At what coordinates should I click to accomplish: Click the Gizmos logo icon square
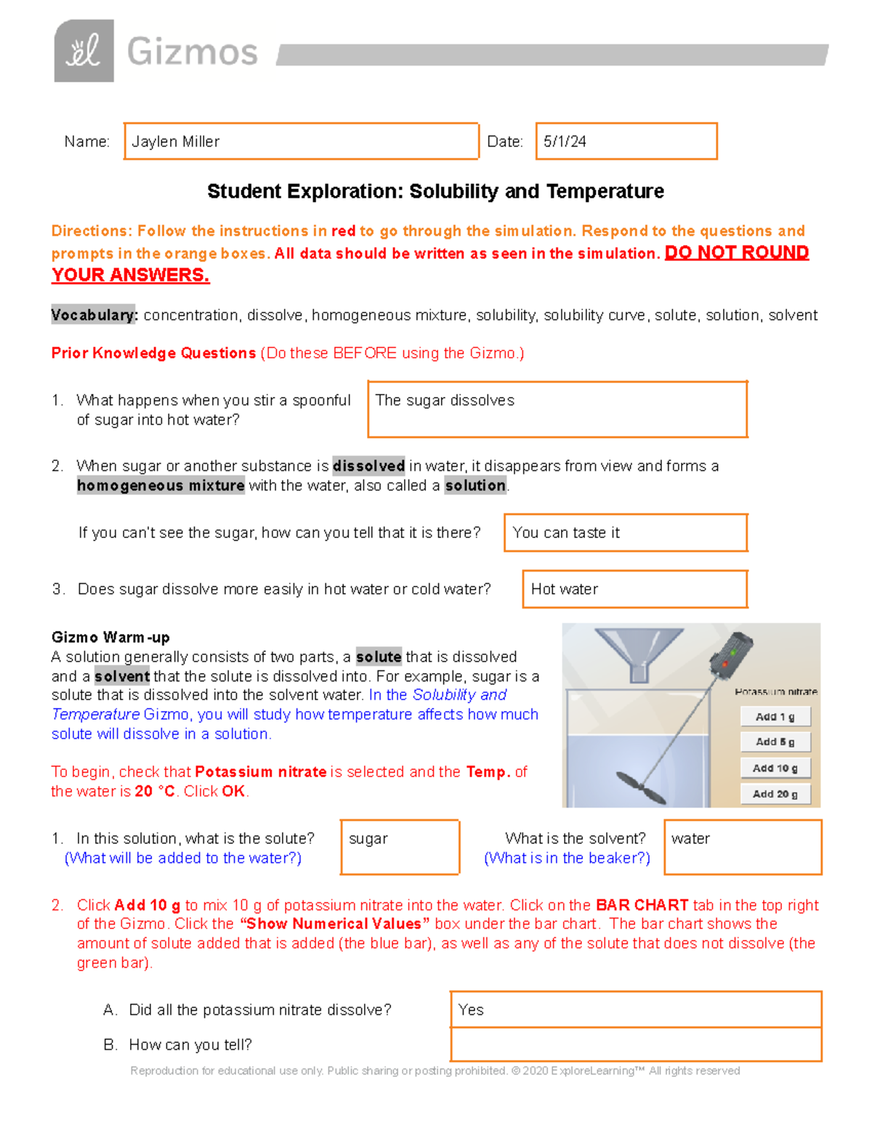[84, 51]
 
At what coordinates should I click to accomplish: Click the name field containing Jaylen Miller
[301, 141]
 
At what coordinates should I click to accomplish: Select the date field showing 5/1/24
[626, 141]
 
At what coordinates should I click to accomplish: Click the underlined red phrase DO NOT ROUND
[736, 252]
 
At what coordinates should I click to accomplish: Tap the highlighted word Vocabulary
[94, 315]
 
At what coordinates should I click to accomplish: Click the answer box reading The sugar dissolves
[557, 409]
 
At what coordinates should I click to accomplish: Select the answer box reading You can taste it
[625, 533]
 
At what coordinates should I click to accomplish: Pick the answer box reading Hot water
[634, 589]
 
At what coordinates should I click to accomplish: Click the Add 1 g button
[775, 717]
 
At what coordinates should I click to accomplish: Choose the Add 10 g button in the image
[775, 768]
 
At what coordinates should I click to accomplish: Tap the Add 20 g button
[775, 794]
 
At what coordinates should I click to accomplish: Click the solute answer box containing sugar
[400, 847]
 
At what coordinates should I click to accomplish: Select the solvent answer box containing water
[743, 847]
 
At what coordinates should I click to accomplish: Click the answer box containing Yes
[635, 1010]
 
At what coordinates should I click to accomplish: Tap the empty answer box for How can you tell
[635, 1045]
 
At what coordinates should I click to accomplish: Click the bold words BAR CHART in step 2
[642, 905]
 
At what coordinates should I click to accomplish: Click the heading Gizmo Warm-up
[110, 638]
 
